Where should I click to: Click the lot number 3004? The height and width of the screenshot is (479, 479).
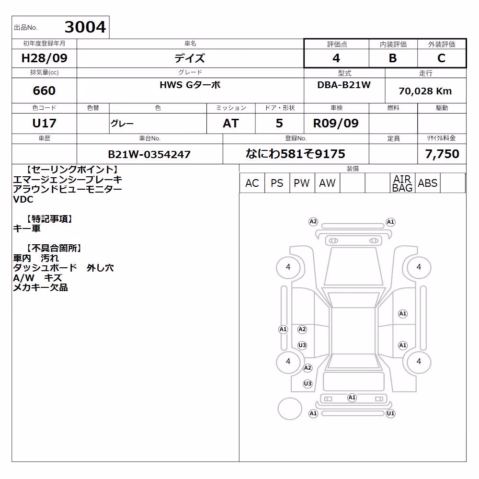point(85,27)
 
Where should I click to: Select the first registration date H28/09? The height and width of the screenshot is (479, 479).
point(44,58)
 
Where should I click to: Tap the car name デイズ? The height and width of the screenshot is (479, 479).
point(190,58)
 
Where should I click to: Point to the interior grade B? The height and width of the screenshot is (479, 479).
point(393,58)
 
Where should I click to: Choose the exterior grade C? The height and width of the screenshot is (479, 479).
point(442,58)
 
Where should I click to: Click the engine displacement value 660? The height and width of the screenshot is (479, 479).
point(44,91)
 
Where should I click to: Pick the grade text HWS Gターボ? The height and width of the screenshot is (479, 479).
point(190,85)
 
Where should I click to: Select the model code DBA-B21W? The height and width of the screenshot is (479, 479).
point(344,85)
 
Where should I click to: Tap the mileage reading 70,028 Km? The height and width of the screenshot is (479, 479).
point(425,91)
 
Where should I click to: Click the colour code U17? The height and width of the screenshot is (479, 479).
point(44,124)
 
